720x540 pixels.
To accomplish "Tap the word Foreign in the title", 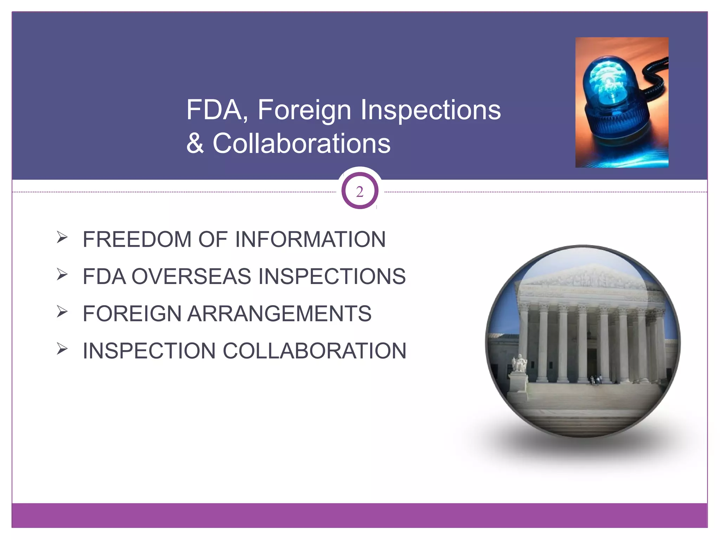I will [304, 110].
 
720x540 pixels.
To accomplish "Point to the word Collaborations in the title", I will [302, 143].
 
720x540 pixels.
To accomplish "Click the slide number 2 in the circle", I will [360, 192].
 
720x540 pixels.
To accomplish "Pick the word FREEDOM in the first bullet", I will [137, 239].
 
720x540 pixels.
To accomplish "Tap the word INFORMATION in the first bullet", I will [310, 239].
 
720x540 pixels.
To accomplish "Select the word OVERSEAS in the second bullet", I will [191, 276].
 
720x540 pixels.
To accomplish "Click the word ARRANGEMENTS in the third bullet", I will [279, 314].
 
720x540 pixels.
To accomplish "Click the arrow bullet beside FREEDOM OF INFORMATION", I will [62, 237].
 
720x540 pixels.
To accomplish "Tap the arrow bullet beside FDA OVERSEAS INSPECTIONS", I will [62, 274].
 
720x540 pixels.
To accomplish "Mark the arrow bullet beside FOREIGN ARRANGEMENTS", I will [62, 311].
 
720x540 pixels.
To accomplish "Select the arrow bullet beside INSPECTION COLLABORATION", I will [62, 349].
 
